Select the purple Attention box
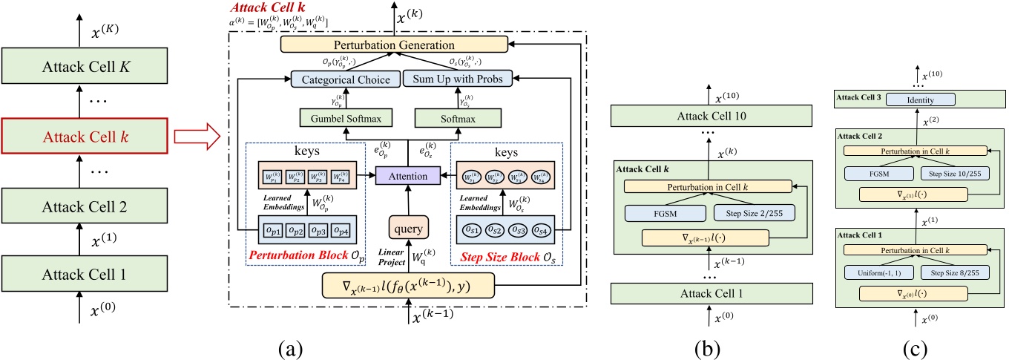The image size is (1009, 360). pos(402,177)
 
